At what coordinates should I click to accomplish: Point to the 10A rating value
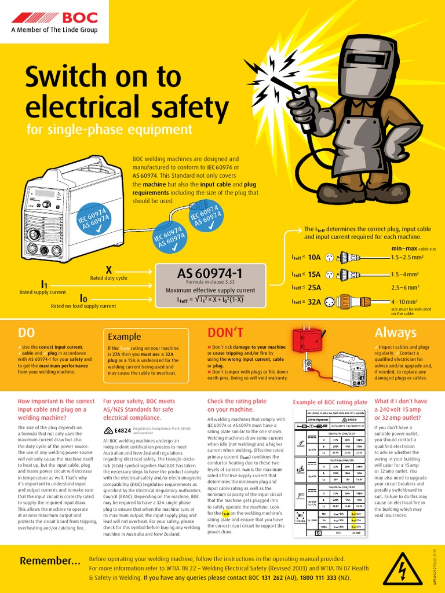[314, 257]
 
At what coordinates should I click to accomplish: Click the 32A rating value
[314, 301]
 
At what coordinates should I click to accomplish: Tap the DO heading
[27, 332]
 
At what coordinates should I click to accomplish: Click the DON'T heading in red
[226, 332]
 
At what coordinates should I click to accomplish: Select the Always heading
[396, 332]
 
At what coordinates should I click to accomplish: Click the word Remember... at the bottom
[50, 561]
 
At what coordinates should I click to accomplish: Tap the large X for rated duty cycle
[108, 269]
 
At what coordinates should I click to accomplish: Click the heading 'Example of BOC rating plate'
[330, 402]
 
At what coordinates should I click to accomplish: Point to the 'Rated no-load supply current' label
[83, 306]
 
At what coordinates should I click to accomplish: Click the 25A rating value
[314, 287]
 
